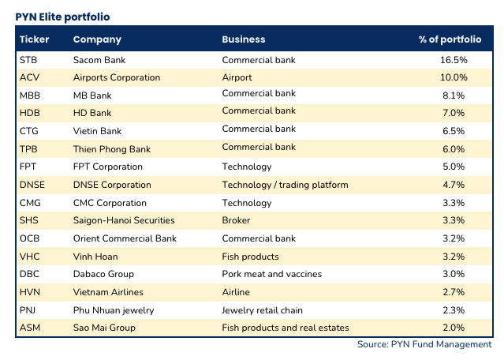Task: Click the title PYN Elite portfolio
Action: tap(63, 16)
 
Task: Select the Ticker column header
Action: tap(34, 39)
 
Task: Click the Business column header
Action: tap(244, 39)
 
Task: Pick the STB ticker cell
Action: tap(28, 59)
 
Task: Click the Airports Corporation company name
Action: tap(116, 77)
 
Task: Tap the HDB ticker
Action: tap(28, 113)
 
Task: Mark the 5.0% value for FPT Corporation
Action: tap(455, 167)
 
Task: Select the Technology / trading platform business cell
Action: tap(285, 185)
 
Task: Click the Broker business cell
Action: tap(237, 220)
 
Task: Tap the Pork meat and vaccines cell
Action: tap(272, 274)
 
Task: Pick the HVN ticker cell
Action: tap(29, 291)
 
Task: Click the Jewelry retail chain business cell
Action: tap(264, 309)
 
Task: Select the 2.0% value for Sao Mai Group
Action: tap(455, 328)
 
